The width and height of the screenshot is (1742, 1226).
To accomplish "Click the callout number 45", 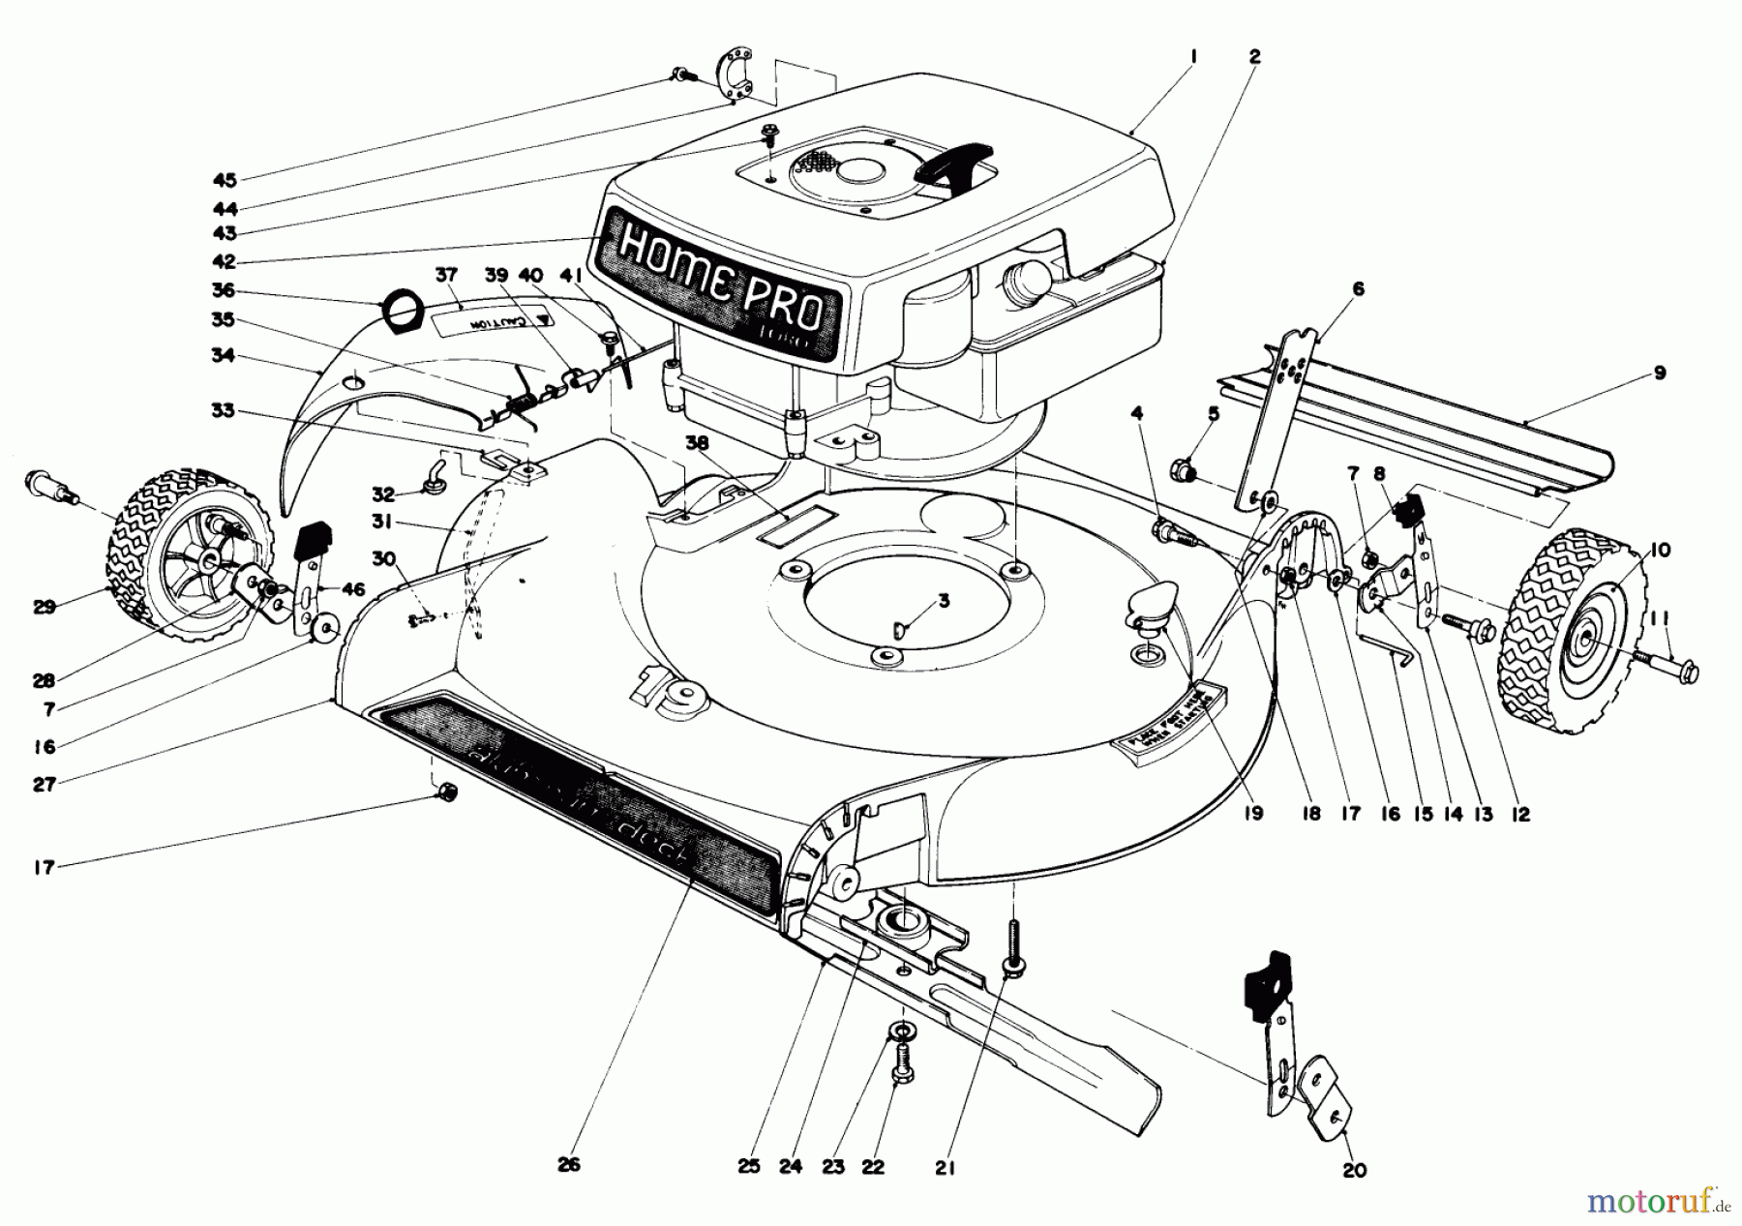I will click(x=225, y=180).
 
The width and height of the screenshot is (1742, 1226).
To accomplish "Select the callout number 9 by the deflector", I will click(x=1659, y=373).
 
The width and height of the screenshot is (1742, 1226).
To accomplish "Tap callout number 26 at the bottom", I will click(x=568, y=1165).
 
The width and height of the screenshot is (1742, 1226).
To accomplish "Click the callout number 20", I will click(x=1355, y=1171).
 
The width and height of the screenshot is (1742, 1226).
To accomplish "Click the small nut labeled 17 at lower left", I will click(x=447, y=792).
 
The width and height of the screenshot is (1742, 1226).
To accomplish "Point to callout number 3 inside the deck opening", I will click(x=945, y=601).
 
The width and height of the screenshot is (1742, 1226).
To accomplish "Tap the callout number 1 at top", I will click(x=1193, y=57).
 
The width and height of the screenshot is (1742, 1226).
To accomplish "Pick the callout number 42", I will click(x=225, y=261).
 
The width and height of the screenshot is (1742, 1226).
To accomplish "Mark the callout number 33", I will click(x=224, y=411).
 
